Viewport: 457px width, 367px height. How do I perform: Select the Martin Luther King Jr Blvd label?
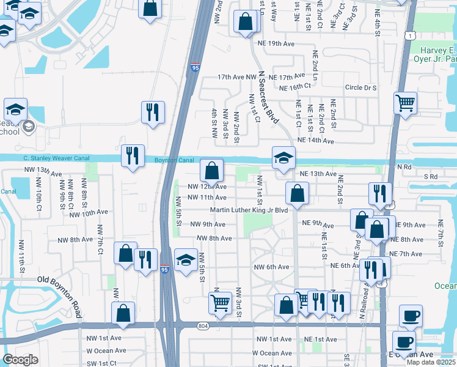[x=249, y=210]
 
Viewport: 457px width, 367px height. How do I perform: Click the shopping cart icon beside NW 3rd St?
[x=220, y=302]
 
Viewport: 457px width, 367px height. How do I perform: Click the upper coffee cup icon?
[x=411, y=316]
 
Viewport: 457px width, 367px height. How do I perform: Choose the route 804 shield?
[x=202, y=326]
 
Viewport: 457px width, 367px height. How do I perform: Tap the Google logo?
[x=20, y=359]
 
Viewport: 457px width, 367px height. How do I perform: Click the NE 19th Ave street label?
[x=286, y=43]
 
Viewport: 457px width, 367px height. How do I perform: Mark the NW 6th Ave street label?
[x=272, y=267]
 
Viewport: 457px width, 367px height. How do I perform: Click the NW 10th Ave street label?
[x=89, y=213]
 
